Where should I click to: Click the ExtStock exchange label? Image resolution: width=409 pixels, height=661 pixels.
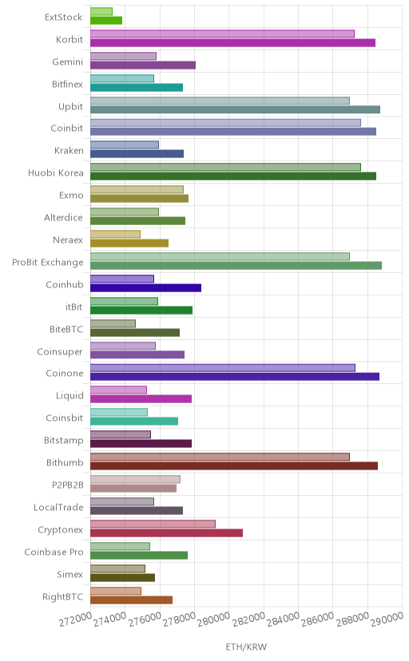point(63,18)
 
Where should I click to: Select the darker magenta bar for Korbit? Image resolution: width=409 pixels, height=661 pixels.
point(232,42)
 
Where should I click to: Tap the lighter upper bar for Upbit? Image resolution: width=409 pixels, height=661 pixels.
point(220,101)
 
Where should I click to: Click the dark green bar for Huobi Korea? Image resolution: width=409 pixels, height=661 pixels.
point(233,176)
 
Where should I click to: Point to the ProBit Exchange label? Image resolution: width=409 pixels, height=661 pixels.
point(48,262)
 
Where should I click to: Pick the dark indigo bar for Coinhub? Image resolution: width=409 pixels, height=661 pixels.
point(145,288)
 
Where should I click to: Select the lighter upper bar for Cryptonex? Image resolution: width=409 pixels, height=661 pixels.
point(153,524)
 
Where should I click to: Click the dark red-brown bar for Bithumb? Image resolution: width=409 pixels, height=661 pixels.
point(234,466)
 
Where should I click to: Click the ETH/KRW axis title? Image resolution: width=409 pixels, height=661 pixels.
point(246,647)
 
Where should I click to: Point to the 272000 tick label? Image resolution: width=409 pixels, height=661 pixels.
point(75,619)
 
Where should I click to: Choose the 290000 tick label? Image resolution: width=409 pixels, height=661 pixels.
point(387,619)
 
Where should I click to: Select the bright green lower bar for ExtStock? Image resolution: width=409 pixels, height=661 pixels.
point(106,20)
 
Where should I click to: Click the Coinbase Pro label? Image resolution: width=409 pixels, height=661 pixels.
point(54,552)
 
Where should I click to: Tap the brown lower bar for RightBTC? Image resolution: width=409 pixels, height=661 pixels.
point(131,600)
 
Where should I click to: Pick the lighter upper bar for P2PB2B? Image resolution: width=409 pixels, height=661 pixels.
point(135,479)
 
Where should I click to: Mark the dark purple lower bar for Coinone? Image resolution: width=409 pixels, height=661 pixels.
point(235,377)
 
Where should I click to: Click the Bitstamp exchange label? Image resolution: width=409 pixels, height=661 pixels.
point(64,441)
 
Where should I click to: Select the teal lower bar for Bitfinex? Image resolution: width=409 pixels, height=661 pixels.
point(137,87)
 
